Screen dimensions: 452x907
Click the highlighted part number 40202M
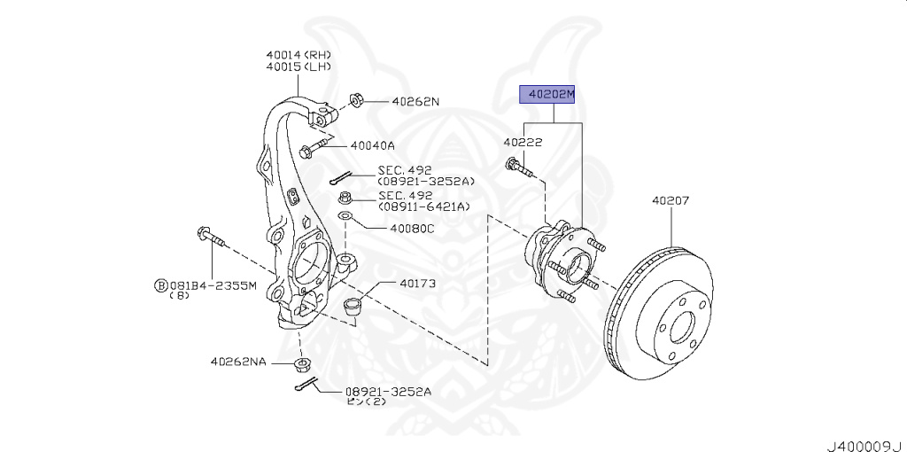coord(547,93)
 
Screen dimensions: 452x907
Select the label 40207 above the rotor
coord(671,201)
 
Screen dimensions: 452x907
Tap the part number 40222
coord(523,142)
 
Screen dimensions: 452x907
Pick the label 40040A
coord(372,144)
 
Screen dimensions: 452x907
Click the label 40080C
coord(412,228)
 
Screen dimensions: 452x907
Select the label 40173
coord(417,284)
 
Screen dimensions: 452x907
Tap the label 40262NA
coord(237,361)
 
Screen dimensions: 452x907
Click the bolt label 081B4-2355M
coord(213,285)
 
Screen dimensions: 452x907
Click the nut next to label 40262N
coord(357,98)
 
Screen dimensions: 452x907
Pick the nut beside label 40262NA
coord(306,363)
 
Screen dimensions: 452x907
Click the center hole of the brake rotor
coord(683,329)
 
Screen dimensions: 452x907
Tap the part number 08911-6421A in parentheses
coord(423,207)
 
